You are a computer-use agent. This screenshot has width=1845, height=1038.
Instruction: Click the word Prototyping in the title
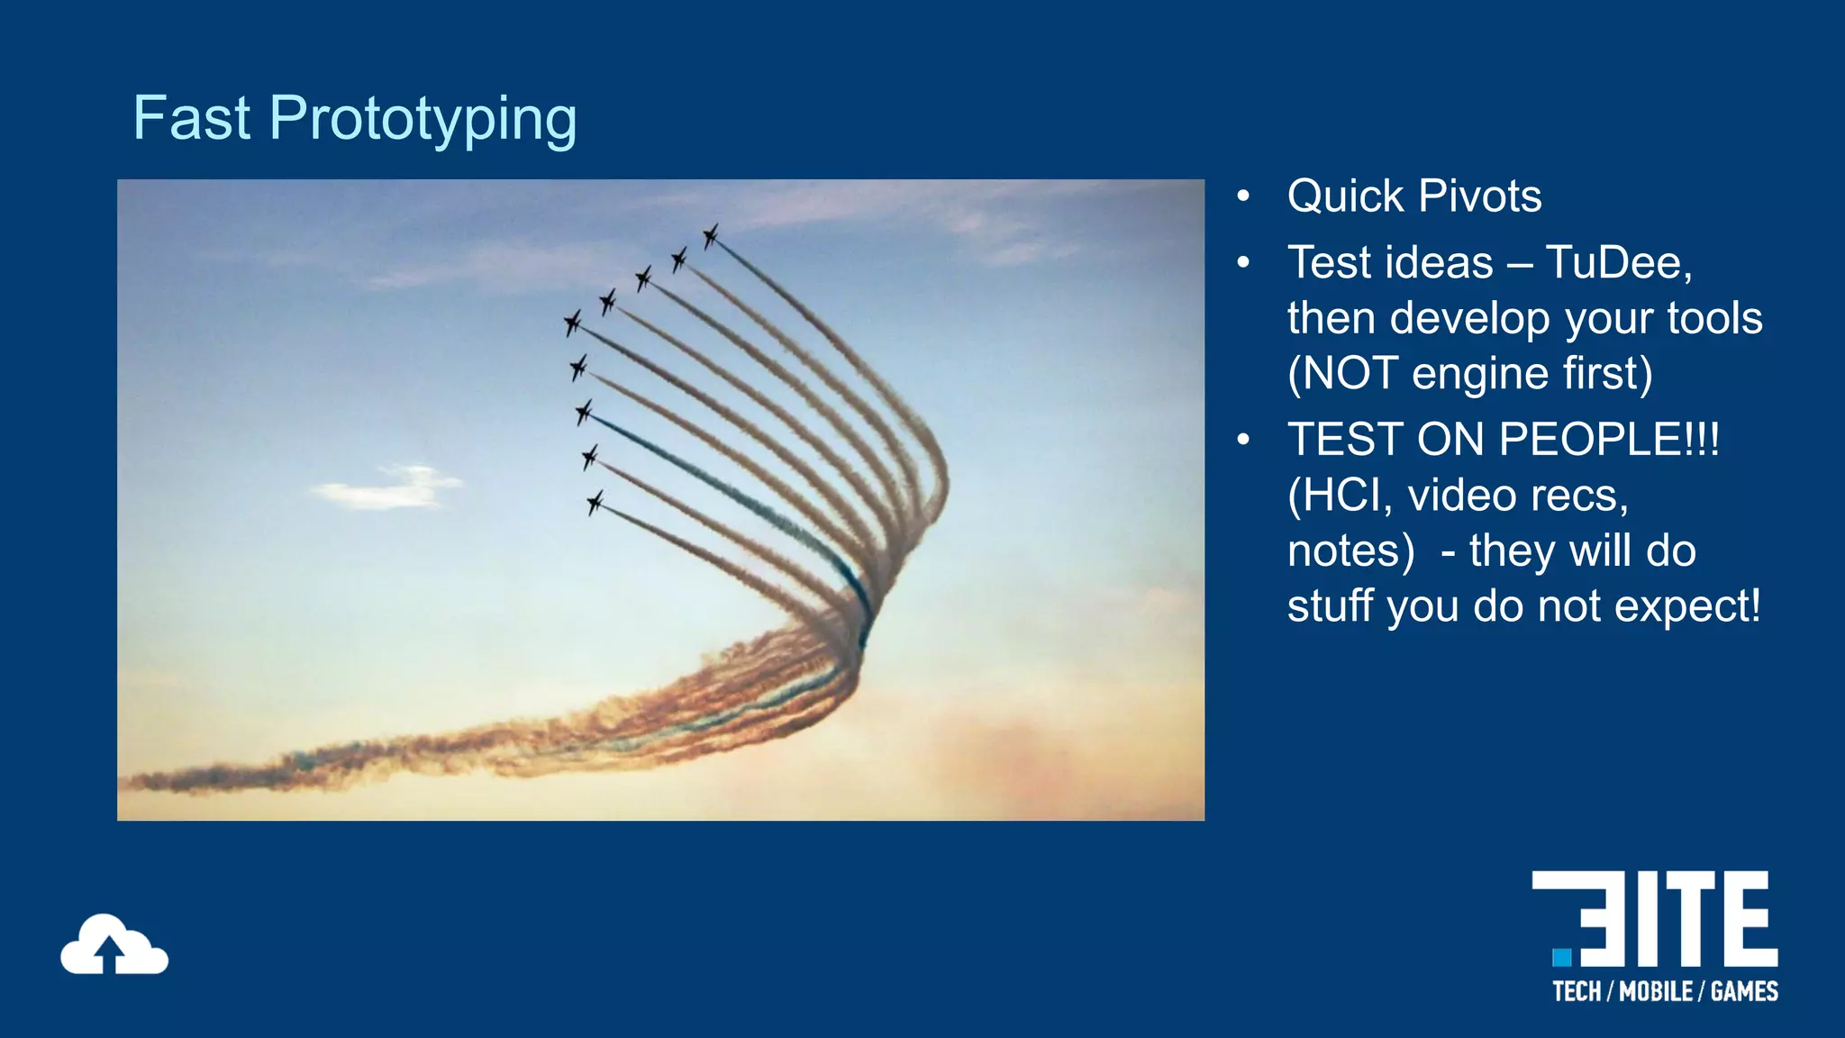[423, 120]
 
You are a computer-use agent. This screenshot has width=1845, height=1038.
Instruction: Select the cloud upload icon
[114, 945]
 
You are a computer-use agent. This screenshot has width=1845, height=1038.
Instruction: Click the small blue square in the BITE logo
[1562, 957]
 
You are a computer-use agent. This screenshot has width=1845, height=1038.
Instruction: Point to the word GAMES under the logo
[1744, 992]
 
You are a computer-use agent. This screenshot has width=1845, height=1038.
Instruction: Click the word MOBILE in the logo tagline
[1656, 992]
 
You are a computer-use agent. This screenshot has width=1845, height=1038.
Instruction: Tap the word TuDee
[1618, 263]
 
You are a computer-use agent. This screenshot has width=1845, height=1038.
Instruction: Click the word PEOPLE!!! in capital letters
[1609, 440]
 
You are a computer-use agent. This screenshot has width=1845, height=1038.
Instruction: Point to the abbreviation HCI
[1341, 496]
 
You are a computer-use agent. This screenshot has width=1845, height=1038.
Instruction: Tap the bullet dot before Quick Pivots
[1244, 196]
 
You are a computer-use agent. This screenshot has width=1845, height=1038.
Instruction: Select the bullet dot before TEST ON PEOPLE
[1244, 440]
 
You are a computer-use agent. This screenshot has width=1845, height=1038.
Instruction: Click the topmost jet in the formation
[711, 236]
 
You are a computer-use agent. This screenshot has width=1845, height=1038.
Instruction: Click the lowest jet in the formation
[595, 502]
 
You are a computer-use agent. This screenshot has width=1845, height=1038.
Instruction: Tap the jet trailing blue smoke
[584, 413]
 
